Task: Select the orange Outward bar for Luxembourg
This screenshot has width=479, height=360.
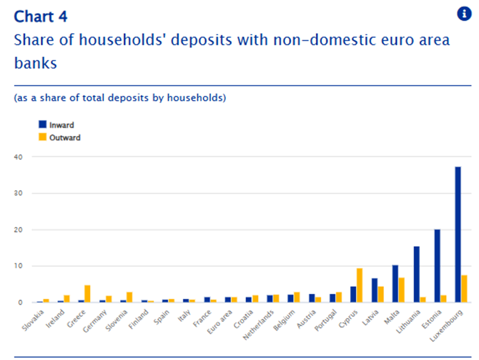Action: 465,289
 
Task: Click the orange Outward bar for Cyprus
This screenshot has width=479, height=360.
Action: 360,285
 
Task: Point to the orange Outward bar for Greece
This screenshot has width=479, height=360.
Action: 87,294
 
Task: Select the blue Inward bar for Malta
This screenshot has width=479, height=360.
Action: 396,284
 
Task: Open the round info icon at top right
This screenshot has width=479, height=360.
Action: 464,14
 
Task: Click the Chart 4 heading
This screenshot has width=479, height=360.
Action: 41,16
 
